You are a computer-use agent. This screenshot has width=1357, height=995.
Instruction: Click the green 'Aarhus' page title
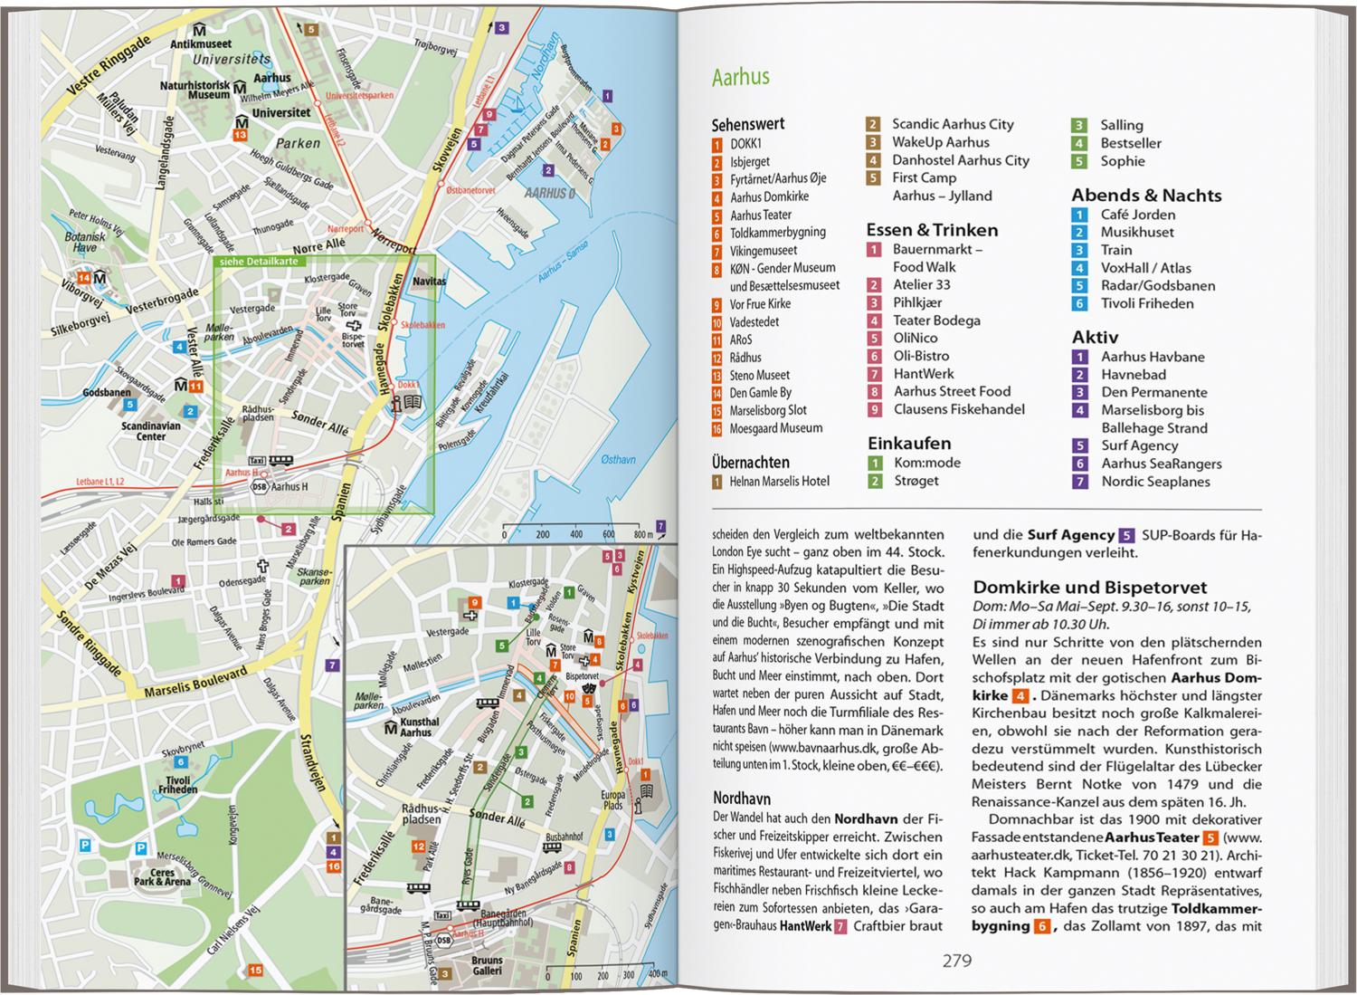click(x=740, y=77)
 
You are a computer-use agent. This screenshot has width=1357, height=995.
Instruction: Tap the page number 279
click(x=956, y=961)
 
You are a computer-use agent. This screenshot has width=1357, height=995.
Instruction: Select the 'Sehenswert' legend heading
click(x=747, y=124)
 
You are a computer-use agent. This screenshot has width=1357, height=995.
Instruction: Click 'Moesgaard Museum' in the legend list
click(x=776, y=428)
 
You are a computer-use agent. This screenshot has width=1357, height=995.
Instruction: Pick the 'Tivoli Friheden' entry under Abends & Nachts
click(x=1146, y=303)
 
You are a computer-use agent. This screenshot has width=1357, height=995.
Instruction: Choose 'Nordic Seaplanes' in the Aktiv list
click(x=1154, y=482)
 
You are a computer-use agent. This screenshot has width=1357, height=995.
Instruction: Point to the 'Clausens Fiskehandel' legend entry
click(x=959, y=409)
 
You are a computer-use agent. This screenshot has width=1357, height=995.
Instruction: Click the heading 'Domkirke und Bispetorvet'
click(x=1089, y=587)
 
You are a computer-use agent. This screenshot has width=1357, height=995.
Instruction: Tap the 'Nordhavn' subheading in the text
click(x=741, y=799)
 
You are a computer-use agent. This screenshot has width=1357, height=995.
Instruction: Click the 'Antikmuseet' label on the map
click(x=202, y=43)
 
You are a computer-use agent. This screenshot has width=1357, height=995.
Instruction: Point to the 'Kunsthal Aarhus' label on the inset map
click(x=419, y=727)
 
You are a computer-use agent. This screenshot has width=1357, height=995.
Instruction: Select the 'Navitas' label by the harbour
click(x=429, y=282)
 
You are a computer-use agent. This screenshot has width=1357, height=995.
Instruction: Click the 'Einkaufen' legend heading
click(x=908, y=444)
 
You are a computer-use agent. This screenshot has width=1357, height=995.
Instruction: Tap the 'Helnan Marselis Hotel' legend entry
click(x=779, y=482)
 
